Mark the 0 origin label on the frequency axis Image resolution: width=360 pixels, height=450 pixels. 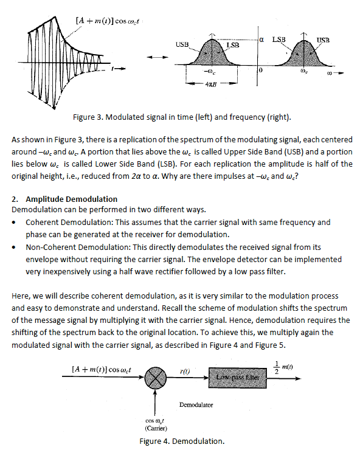pos(260,71)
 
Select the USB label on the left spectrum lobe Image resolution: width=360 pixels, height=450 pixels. pos(182,45)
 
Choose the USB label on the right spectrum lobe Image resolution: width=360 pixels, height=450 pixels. pos(323,40)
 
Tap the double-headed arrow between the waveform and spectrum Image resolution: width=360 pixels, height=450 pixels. pos(154,57)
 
